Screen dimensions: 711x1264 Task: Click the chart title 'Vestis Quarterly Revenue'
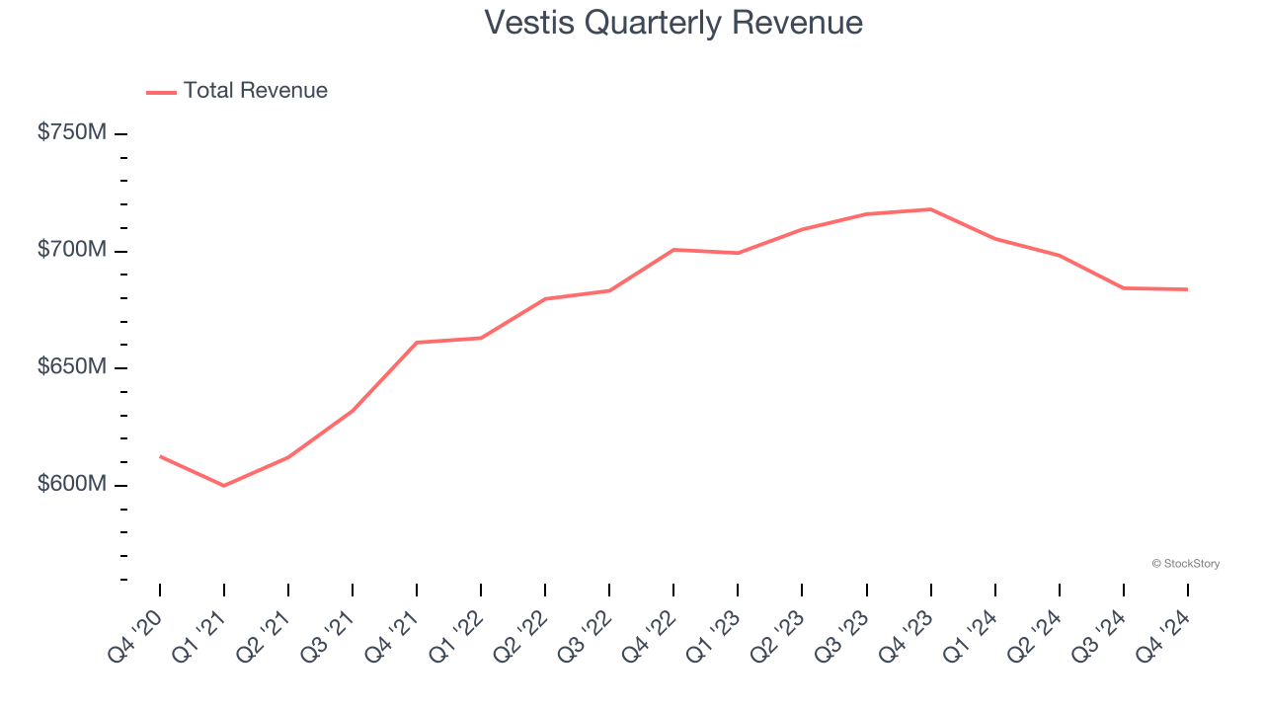[673, 23]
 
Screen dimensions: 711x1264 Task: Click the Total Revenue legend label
[255, 91]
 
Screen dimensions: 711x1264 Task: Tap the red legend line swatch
[161, 92]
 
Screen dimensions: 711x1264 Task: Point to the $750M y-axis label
[71, 132]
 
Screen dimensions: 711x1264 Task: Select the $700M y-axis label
[71, 250]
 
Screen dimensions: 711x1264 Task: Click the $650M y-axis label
[71, 367]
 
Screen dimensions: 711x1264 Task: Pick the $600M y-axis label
[71, 485]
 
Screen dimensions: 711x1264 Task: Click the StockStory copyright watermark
[1185, 564]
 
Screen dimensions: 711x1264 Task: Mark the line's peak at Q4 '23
[930, 209]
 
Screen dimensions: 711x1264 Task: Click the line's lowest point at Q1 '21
[224, 486]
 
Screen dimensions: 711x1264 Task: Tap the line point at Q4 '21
[417, 343]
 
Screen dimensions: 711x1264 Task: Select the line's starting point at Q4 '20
[160, 456]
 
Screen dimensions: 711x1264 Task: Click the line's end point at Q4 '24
[1187, 289]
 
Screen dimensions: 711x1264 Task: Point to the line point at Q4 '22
[673, 250]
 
